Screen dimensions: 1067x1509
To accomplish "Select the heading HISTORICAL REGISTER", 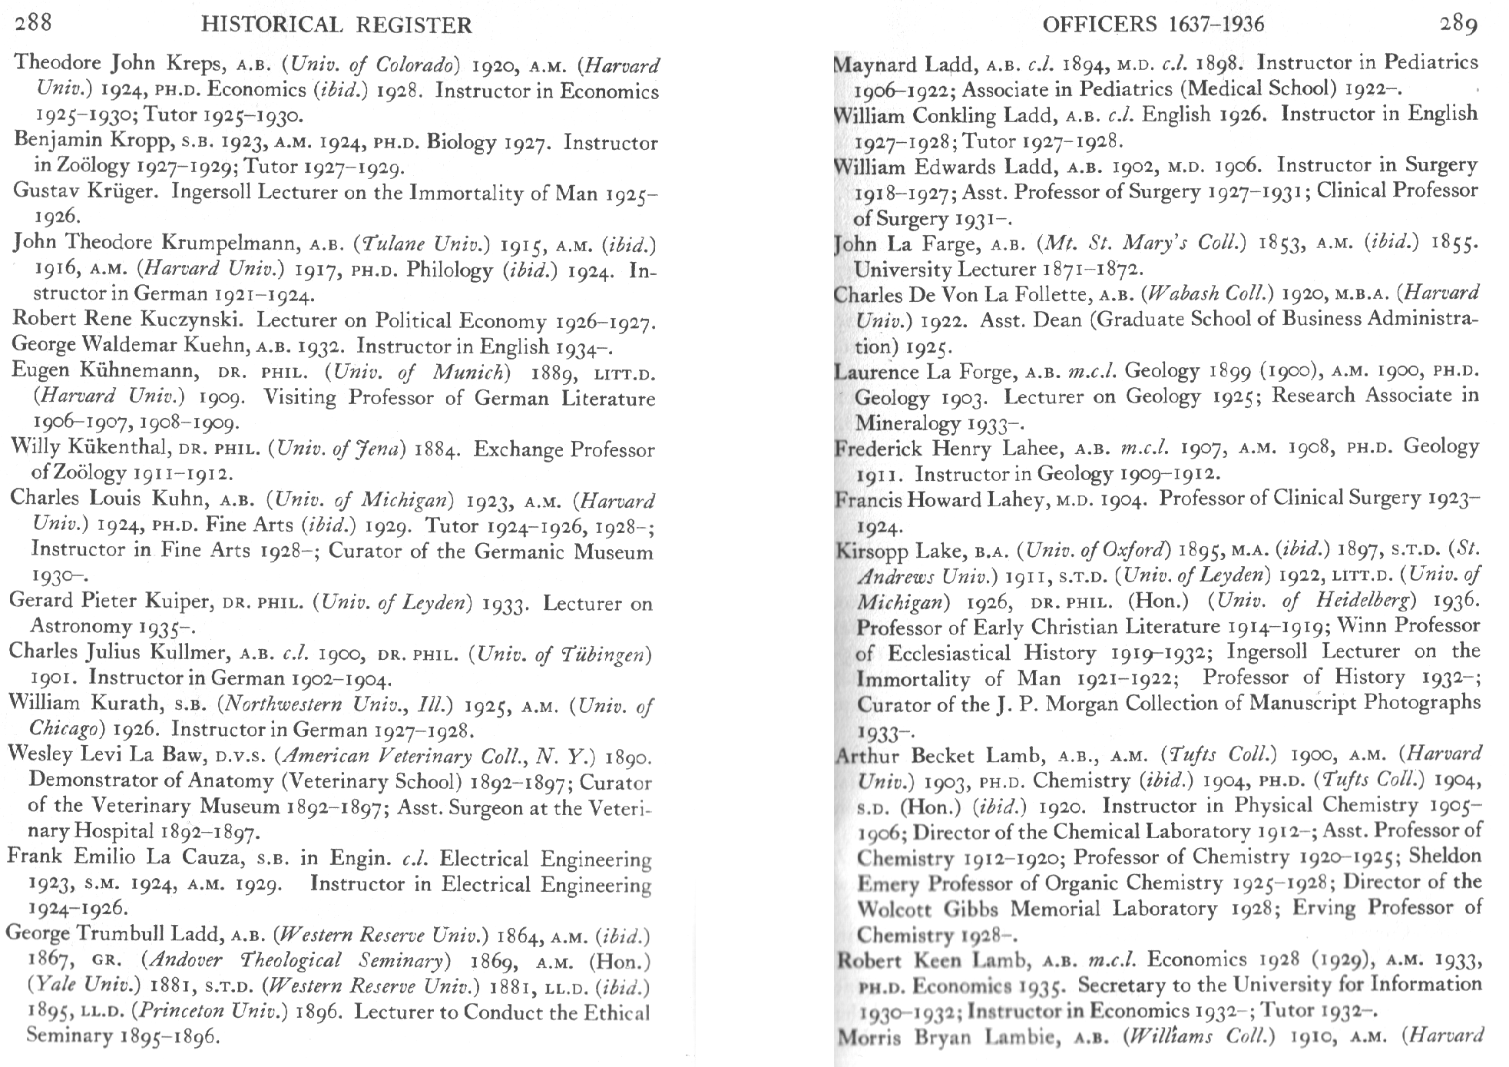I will (x=336, y=25).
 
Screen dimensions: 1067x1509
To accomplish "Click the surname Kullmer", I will (x=190, y=653).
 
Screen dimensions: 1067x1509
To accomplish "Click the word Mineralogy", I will (x=906, y=423).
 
